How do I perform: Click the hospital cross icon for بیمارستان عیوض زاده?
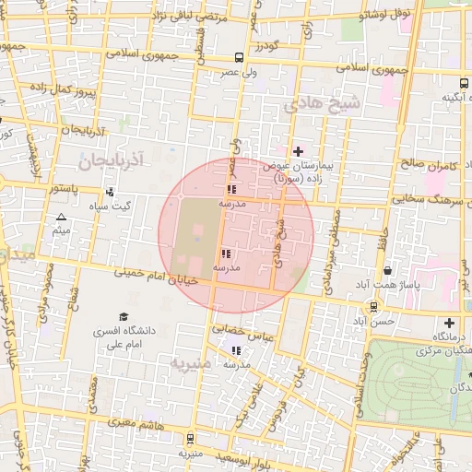[298, 151]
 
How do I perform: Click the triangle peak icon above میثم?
[61, 218]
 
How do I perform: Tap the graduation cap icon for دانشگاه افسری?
[124, 316]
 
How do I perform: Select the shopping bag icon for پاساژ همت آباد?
[388, 271]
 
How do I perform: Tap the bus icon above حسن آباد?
[373, 307]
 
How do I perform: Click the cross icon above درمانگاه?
[449, 323]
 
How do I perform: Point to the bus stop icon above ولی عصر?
[240, 56]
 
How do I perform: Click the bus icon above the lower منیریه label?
[190, 439]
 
